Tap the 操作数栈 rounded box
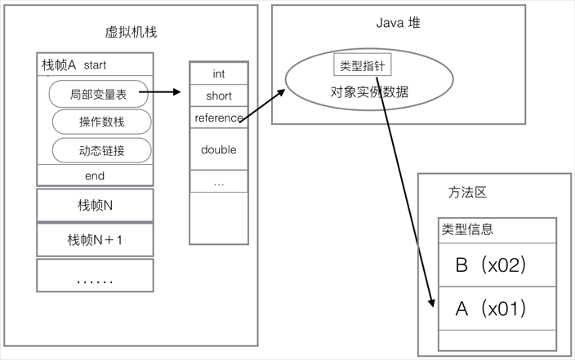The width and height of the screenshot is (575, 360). tap(102, 122)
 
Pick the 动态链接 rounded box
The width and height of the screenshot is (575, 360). tap(102, 150)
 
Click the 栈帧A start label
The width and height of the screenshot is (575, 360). tap(74, 64)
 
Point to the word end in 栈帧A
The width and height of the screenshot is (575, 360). tap(95, 176)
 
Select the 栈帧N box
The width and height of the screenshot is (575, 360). tap(95, 204)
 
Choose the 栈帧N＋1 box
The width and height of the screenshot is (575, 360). tap(95, 240)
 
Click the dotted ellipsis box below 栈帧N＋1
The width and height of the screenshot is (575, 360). tap(95, 278)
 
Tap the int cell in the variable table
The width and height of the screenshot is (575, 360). tap(218, 73)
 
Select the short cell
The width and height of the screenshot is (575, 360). tap(218, 96)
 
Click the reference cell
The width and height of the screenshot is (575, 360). tap(218, 118)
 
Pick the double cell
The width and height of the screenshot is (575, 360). tap(218, 149)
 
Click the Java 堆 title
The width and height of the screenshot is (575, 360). tap(399, 22)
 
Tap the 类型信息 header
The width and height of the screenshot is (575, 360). tap(467, 229)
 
